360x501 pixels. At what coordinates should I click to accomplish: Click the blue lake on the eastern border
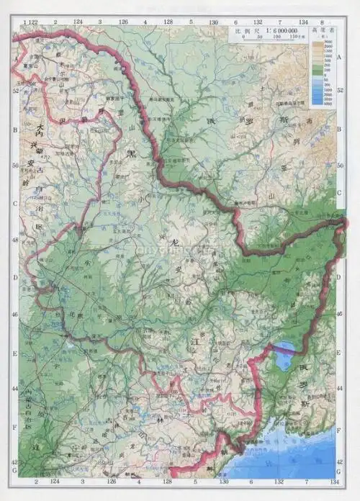tap(284, 354)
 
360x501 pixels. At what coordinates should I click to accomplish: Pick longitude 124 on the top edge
tap(77, 23)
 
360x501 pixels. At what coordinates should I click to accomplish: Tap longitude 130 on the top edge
tap(214, 23)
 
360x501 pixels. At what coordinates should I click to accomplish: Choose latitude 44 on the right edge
tap(341, 389)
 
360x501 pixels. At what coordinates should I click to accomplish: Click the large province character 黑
tap(131, 153)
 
